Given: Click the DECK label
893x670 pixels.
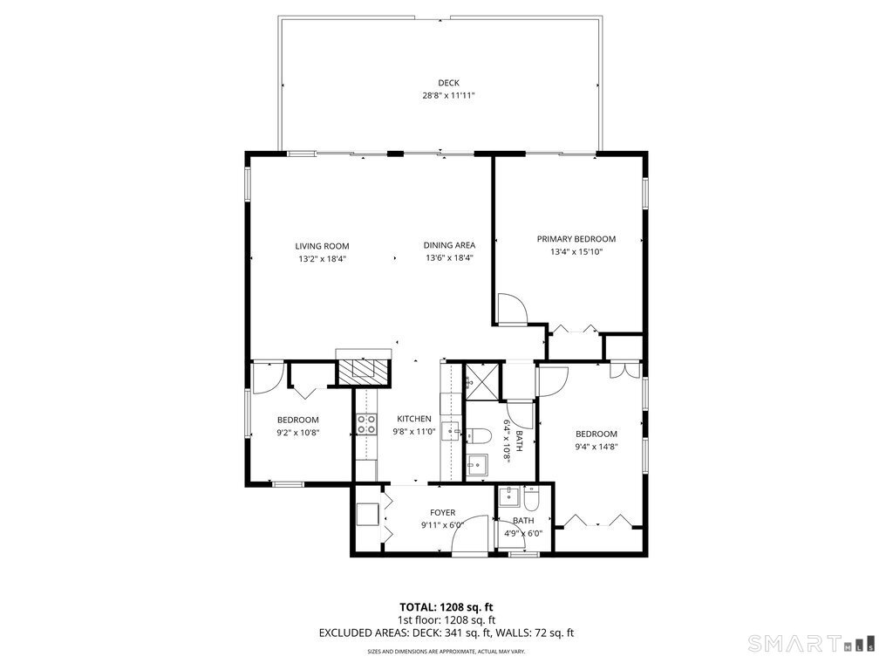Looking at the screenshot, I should [x=448, y=83].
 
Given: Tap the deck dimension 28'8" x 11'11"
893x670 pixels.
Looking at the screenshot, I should [x=448, y=95].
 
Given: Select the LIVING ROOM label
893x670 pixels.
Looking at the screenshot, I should [x=322, y=246].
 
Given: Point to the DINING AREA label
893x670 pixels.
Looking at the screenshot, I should [x=449, y=245].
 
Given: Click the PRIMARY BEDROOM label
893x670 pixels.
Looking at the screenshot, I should [x=576, y=239].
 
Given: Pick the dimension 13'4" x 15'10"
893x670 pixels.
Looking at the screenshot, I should [x=576, y=251].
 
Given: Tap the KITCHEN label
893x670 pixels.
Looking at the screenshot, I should [x=414, y=419].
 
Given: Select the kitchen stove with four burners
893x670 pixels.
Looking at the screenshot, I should [x=365, y=425].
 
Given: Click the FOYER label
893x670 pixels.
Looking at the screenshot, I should [x=443, y=513].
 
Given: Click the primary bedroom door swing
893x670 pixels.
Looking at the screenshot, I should [x=513, y=305].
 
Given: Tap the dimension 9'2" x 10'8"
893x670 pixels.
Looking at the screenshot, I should [x=298, y=432].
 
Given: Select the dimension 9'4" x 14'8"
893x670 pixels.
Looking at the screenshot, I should [x=596, y=447].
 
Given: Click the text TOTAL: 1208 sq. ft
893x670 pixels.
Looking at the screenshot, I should [x=446, y=606].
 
